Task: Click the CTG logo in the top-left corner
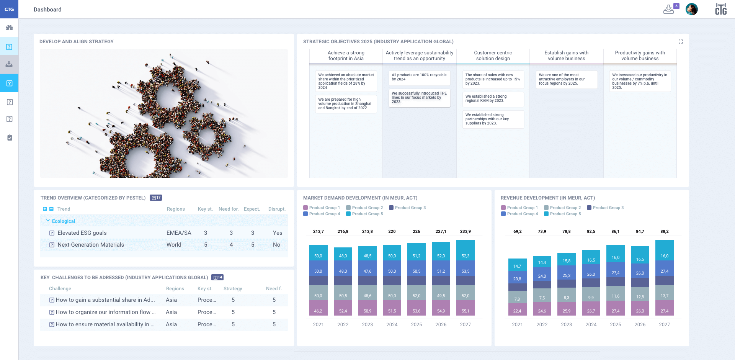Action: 9,9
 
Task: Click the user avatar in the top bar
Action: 691,9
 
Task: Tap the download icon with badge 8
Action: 669,10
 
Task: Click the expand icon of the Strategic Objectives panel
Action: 681,42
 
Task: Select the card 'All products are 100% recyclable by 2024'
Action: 419,77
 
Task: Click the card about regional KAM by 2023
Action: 493,99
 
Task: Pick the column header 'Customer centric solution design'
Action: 493,56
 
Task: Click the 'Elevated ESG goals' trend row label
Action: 82,233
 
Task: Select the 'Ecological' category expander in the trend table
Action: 48,221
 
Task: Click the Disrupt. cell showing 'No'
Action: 276,245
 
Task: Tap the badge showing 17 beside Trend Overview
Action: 156,198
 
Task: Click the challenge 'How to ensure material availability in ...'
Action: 105,324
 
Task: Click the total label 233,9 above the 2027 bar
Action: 465,231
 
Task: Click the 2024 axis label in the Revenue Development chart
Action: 591,324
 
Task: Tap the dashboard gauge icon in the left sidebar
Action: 9,28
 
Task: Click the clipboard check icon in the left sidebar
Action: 10,137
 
